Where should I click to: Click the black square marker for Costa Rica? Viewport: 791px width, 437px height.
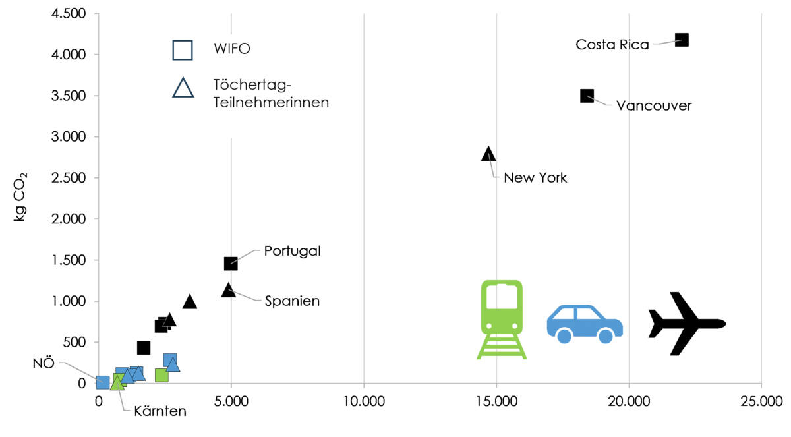pos(682,40)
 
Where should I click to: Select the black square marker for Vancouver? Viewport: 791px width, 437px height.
pos(587,96)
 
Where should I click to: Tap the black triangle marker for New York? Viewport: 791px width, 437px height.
pos(488,154)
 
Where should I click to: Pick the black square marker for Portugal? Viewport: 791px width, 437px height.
pos(231,264)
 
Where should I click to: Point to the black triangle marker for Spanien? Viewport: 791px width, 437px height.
pos(229,290)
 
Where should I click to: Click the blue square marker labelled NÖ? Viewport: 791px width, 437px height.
pos(103,382)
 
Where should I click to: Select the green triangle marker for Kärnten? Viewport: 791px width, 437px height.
pos(117,383)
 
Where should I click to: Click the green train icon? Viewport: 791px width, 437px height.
pos(502,320)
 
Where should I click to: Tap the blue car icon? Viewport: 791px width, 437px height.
pos(585,324)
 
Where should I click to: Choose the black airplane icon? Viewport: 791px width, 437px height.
pos(687,324)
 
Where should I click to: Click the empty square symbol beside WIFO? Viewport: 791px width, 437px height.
pos(183,50)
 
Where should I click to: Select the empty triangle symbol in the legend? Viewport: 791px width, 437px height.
pos(183,88)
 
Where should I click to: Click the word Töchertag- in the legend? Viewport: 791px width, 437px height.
pos(252,85)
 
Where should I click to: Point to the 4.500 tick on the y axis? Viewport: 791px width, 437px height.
pos(69,13)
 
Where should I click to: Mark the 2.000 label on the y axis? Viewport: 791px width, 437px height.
pos(69,219)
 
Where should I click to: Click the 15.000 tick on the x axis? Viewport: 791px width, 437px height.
pos(496,401)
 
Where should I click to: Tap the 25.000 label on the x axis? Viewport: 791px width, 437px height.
pos(762,401)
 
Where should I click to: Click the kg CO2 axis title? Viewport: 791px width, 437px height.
pos(20,197)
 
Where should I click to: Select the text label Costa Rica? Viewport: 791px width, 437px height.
pos(612,44)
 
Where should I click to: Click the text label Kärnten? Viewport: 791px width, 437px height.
pos(160,411)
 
